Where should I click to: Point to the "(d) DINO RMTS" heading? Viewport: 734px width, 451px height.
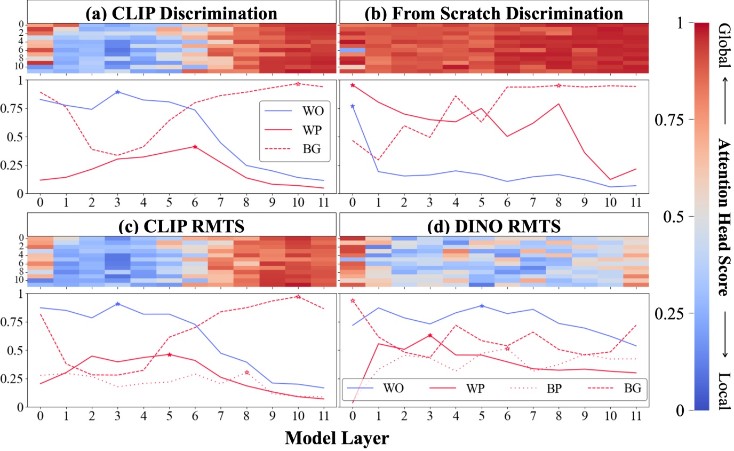click(494, 226)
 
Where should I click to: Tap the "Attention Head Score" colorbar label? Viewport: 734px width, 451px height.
click(724, 217)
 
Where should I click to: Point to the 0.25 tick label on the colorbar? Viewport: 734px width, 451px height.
click(666, 313)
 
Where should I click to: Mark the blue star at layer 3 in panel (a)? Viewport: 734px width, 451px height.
click(117, 92)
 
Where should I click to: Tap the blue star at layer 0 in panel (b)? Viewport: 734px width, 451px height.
click(352, 106)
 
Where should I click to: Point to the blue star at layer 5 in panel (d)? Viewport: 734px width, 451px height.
click(482, 306)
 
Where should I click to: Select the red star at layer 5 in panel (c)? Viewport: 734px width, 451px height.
click(170, 354)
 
